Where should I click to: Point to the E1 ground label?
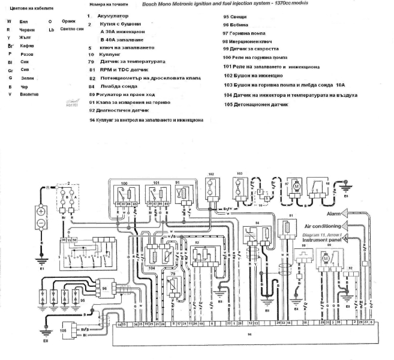tap(42, 269)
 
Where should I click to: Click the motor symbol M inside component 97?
tap(296, 187)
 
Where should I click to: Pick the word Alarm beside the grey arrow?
tap(334, 214)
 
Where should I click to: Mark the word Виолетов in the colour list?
tap(29, 94)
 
